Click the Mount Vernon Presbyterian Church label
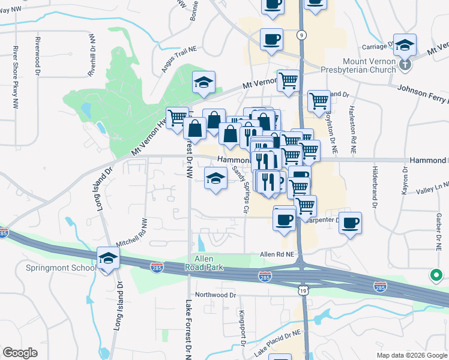coord(369,65)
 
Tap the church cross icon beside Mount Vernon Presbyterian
coord(406,64)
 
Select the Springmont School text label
coord(61,268)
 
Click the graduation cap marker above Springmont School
coord(108,259)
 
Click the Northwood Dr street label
coord(215,295)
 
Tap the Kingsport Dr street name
coord(243,328)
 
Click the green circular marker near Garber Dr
coord(435,276)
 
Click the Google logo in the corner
coord(20,353)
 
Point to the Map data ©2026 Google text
coord(411,355)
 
